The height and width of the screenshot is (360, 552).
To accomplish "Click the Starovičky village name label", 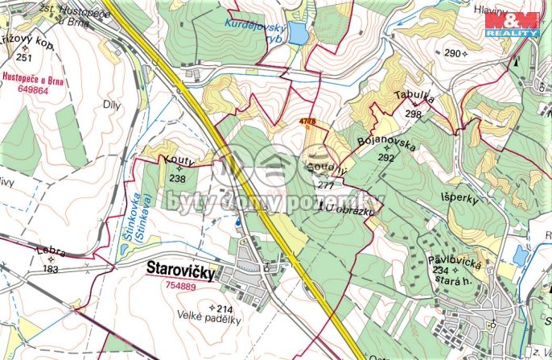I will (181, 273).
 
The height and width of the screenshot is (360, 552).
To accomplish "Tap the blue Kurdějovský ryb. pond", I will (297, 34).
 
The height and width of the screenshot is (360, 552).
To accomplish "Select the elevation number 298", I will (414, 114).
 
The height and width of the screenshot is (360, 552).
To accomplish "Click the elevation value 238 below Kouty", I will (178, 179).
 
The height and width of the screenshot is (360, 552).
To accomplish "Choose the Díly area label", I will (110, 105).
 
